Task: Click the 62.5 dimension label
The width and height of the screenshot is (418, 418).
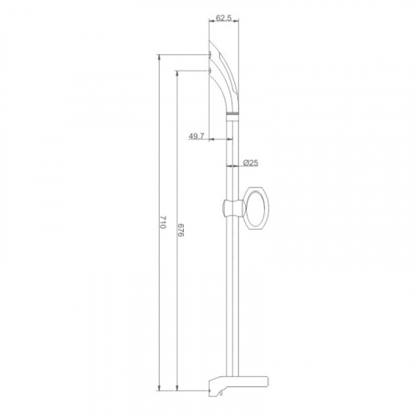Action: (224, 18)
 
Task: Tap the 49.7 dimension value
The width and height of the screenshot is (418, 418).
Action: (196, 136)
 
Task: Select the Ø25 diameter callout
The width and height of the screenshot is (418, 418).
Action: (251, 163)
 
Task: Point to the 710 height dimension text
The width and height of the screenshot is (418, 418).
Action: (163, 222)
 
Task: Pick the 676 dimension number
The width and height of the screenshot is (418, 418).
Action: (181, 230)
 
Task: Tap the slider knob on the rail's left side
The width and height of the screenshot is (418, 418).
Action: (226, 208)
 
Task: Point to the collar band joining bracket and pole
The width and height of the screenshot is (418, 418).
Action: (232, 114)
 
